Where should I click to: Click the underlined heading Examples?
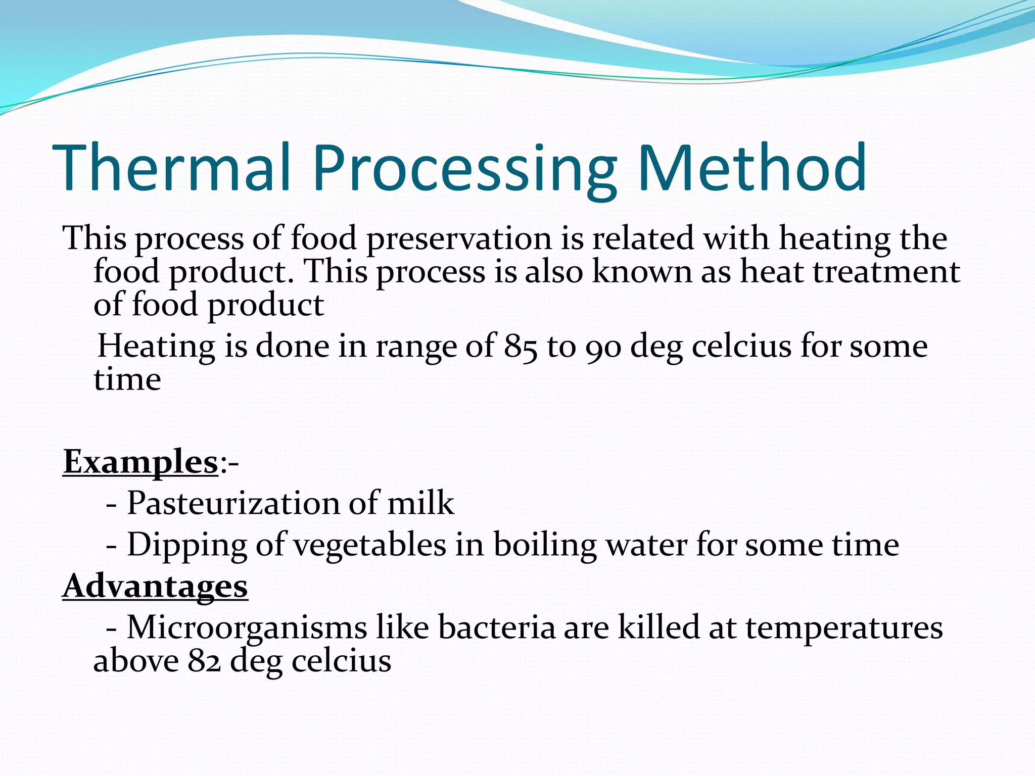140,461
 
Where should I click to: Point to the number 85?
521,347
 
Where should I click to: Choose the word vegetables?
370,545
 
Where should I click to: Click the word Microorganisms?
247,627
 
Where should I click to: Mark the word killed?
659,627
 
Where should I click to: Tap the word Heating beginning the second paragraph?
156,347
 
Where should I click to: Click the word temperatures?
844,627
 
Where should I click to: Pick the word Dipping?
186,545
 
